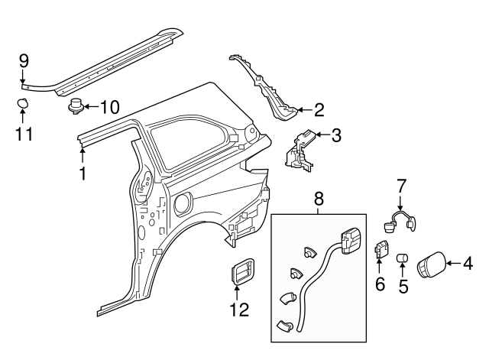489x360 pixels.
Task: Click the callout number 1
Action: click(x=83, y=174)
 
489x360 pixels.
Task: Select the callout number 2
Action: click(x=319, y=110)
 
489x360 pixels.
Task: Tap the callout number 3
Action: click(x=336, y=137)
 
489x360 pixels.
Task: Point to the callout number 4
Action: click(x=468, y=264)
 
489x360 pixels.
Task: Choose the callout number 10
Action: click(x=110, y=108)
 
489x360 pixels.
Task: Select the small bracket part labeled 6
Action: click(x=381, y=249)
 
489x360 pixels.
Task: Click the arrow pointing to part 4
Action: click(x=453, y=264)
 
